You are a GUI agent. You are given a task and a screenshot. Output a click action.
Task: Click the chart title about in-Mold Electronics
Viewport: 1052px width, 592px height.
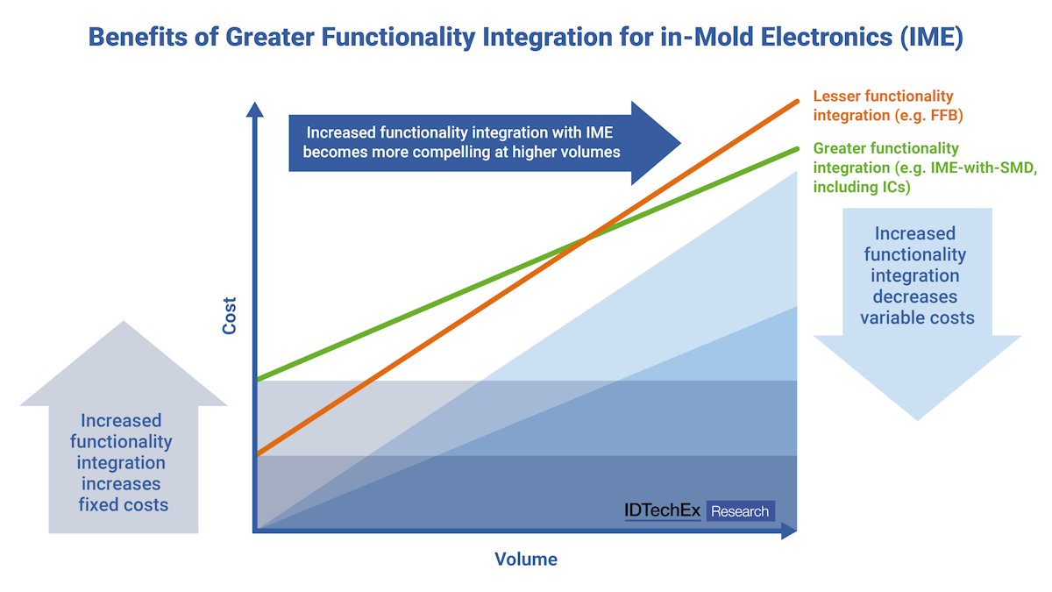[526, 39]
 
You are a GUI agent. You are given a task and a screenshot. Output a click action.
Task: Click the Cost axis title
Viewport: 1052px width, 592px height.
[230, 316]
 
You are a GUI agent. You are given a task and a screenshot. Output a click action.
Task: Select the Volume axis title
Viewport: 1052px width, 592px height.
[526, 559]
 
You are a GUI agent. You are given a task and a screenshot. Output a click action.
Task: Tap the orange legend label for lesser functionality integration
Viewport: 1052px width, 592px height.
[883, 105]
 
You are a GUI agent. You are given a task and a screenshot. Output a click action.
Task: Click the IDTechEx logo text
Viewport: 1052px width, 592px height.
[663, 510]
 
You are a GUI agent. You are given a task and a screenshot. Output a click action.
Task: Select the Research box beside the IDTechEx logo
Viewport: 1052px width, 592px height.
[740, 511]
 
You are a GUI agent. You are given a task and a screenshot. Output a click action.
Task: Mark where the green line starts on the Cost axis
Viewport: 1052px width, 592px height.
[255, 380]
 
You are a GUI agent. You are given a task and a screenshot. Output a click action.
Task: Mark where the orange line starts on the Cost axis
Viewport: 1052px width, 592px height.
[255, 454]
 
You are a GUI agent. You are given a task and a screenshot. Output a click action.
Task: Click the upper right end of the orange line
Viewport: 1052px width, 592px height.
[797, 101]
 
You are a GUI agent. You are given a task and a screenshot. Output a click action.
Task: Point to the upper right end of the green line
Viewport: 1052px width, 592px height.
[797, 148]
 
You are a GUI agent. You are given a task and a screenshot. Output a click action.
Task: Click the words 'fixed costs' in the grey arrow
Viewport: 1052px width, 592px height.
[123, 504]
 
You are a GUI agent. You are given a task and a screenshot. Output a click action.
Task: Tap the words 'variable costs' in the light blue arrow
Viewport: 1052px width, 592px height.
[917, 317]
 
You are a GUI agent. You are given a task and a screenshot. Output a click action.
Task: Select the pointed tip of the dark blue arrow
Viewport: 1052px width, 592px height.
[680, 142]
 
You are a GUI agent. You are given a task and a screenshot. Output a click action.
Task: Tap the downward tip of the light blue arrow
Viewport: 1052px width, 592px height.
[917, 419]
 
